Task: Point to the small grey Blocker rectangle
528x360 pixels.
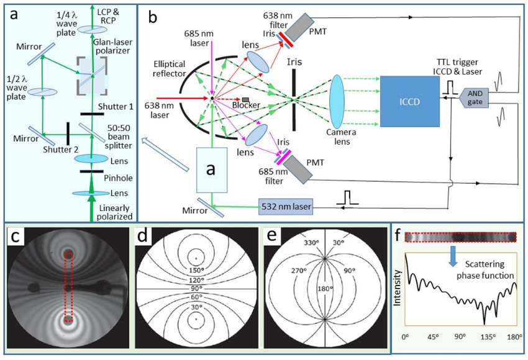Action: (x=247, y=100)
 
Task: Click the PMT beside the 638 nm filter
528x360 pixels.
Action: (x=300, y=23)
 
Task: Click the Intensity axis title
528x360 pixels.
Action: (x=397, y=291)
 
